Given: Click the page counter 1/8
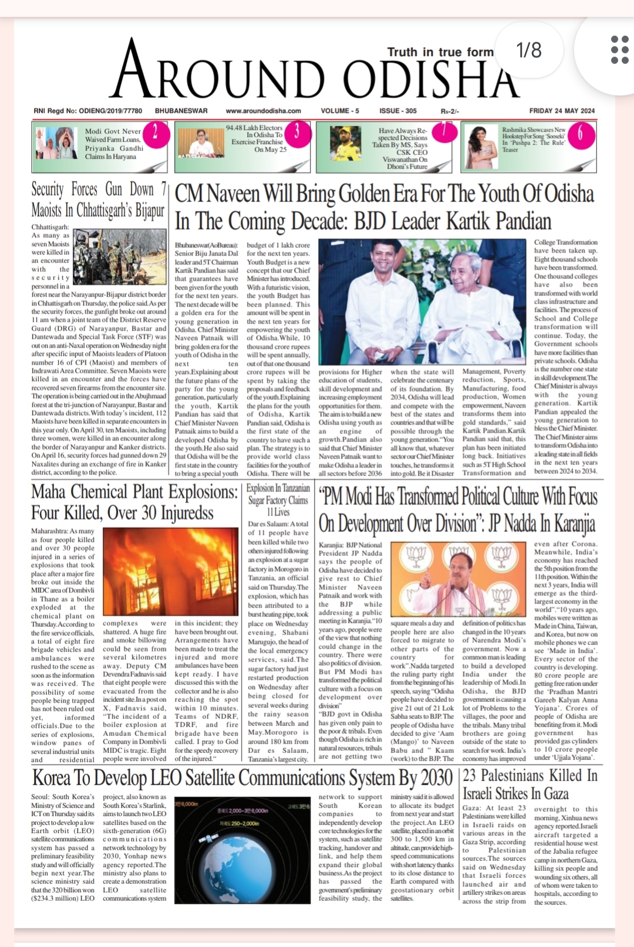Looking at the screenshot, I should pyautogui.click(x=529, y=50).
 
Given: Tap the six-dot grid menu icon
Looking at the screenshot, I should pyautogui.click(x=619, y=50).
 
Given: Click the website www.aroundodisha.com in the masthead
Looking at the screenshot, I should pyautogui.click(x=263, y=111).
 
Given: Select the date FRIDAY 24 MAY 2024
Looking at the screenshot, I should pyautogui.click(x=562, y=111).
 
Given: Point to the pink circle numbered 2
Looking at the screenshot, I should pyautogui.click(x=155, y=133).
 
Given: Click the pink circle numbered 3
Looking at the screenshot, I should pyautogui.click(x=296, y=131).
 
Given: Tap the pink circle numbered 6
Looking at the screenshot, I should pyautogui.click(x=580, y=134).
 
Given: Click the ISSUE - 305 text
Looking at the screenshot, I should pyautogui.click(x=398, y=111).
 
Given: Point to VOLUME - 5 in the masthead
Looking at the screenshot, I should pyautogui.click(x=340, y=111).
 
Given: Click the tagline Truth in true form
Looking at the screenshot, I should pyautogui.click(x=440, y=52).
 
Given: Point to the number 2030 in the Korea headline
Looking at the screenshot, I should pyautogui.click(x=436, y=778).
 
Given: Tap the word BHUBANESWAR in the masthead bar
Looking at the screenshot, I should pyautogui.click(x=181, y=111).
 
